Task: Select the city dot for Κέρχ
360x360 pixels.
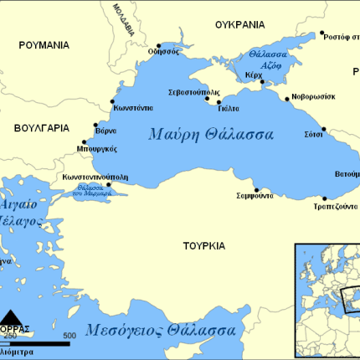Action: point(262,83)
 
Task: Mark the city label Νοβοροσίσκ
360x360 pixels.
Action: point(314,96)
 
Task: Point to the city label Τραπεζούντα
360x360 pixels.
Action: point(335,206)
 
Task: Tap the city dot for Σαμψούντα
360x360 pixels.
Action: point(256,189)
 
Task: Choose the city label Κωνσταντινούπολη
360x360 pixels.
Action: point(95,177)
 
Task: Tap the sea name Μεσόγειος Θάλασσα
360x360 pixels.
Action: point(159,330)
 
